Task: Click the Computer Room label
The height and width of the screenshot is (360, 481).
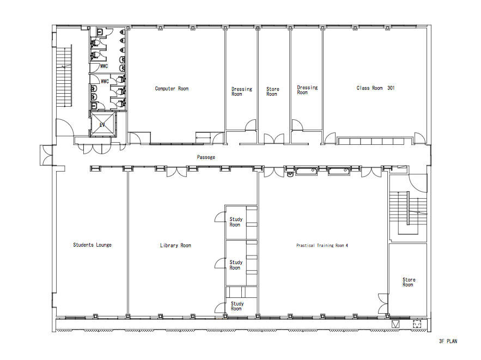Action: point(172,89)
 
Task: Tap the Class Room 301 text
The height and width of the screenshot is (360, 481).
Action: point(375,88)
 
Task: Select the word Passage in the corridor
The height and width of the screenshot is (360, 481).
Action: point(206,157)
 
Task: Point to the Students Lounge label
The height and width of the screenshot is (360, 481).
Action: point(92,245)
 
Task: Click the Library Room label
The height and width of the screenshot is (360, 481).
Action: point(175,246)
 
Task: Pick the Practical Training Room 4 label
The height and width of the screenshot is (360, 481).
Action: point(322,246)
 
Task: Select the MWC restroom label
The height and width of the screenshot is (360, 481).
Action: point(105,66)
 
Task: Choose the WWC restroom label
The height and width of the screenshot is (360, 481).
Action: point(105,81)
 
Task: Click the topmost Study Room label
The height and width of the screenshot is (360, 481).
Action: point(235,222)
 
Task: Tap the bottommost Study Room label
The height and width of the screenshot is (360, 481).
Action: point(236,306)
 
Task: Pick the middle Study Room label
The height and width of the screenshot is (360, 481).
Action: point(235,265)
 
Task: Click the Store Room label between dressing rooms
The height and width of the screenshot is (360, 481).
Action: point(272,91)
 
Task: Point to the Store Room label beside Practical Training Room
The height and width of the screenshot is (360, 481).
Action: point(409,282)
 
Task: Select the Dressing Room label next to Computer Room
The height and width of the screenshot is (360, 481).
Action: point(241,91)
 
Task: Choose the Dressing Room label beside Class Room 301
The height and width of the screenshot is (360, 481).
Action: point(307,90)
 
